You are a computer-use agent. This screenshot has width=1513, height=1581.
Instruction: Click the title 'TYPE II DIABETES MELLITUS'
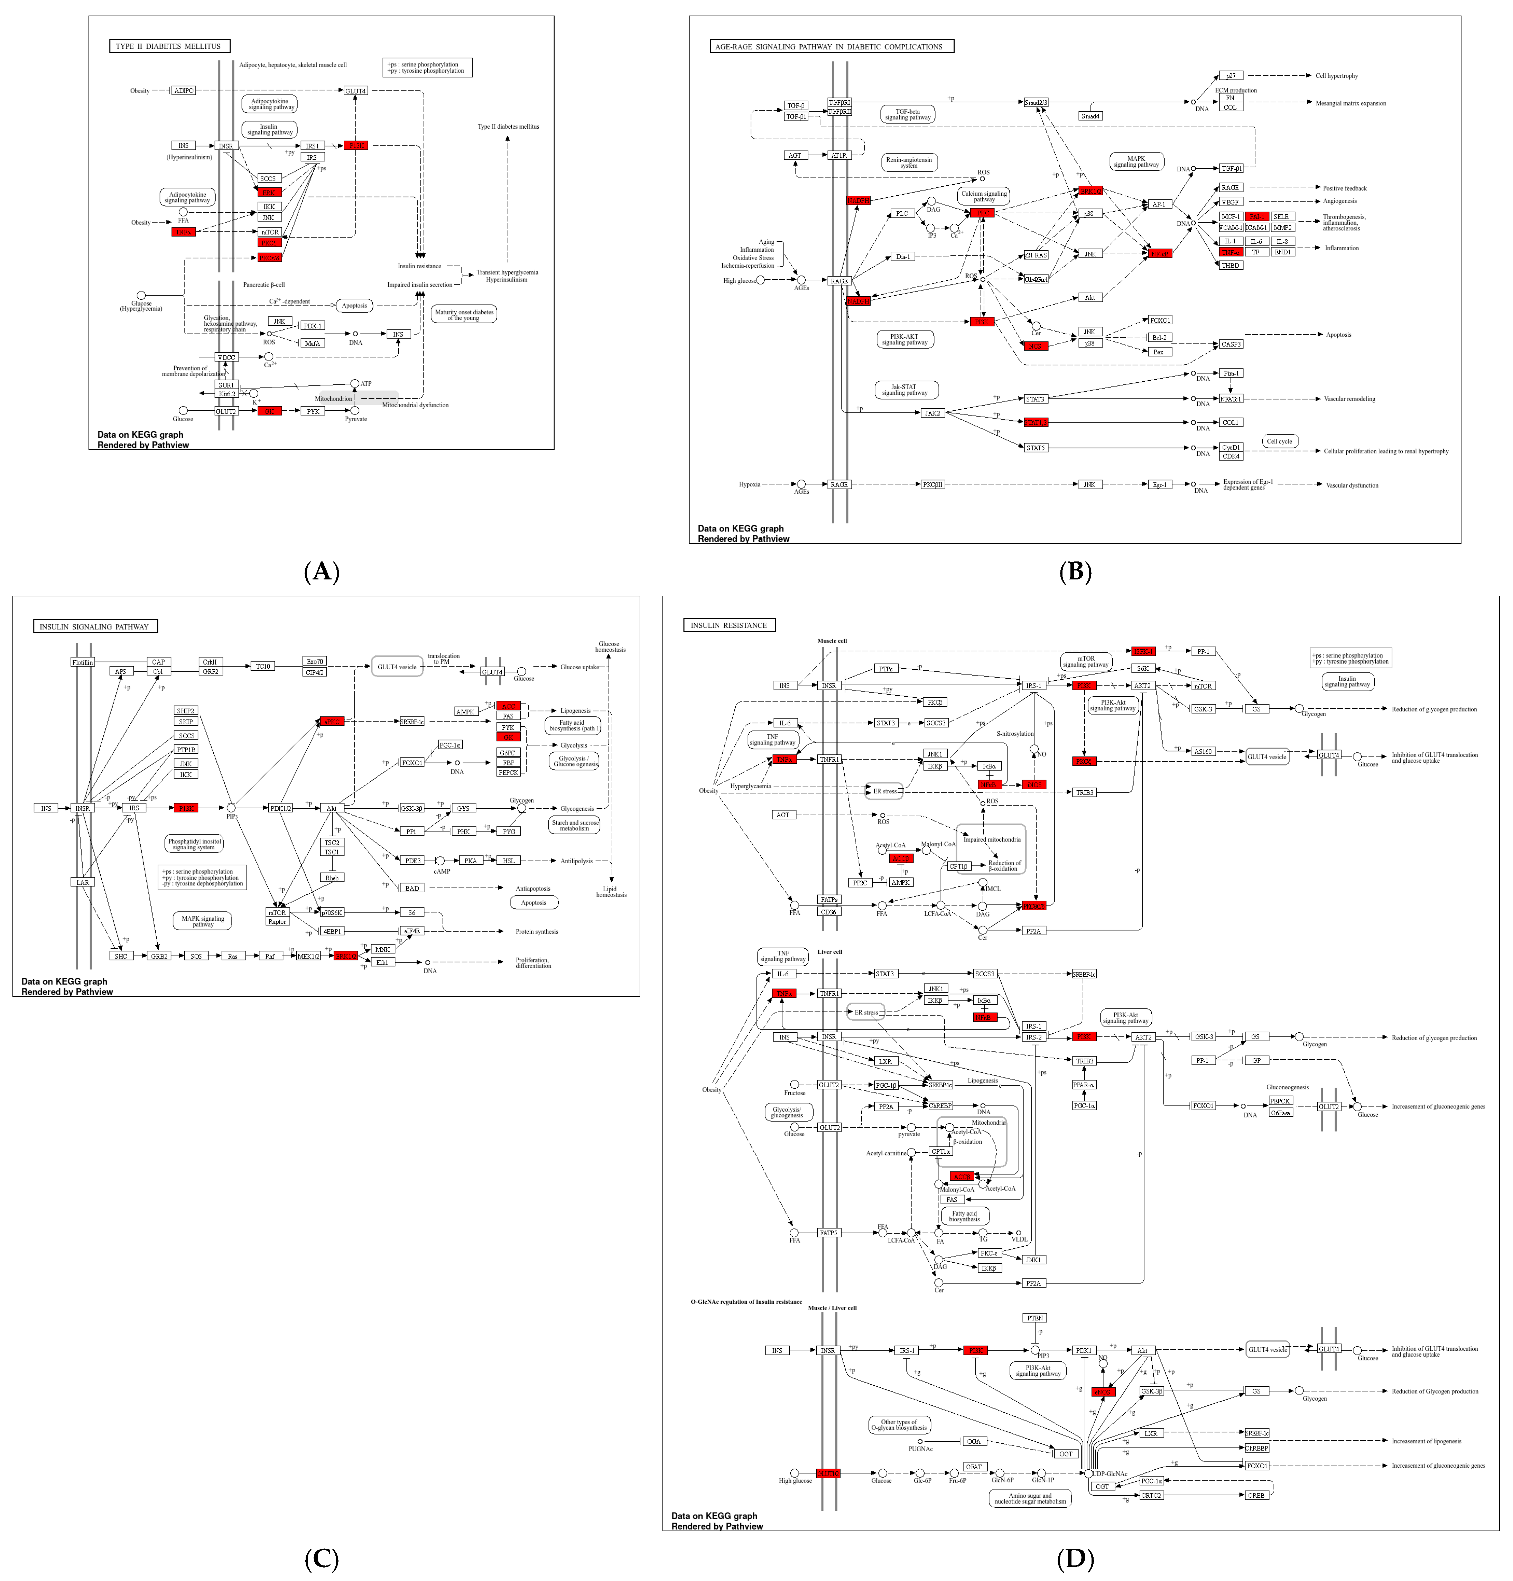(169, 46)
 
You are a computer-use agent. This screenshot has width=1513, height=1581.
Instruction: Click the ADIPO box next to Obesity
(184, 90)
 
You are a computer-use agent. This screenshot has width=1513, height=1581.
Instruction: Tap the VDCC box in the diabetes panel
(226, 356)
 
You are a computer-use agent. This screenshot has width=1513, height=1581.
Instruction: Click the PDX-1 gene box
(312, 326)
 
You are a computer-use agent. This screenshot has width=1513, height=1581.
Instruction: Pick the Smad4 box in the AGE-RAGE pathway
(1089, 116)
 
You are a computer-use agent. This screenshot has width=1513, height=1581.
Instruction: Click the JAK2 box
(932, 413)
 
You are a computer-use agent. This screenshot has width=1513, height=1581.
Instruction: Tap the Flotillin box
(82, 662)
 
